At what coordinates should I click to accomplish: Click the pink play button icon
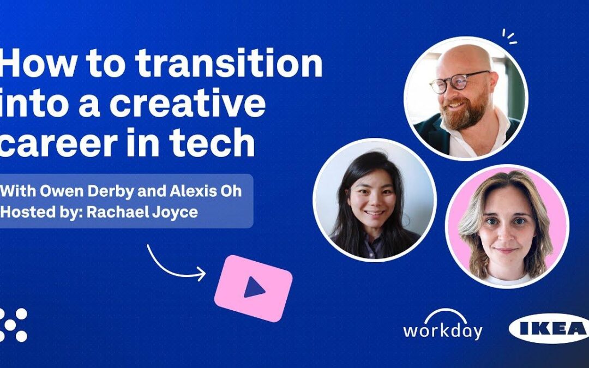(x=253, y=287)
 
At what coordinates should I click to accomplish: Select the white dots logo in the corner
(x=13, y=325)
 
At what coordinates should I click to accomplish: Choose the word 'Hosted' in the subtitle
(x=32, y=212)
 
